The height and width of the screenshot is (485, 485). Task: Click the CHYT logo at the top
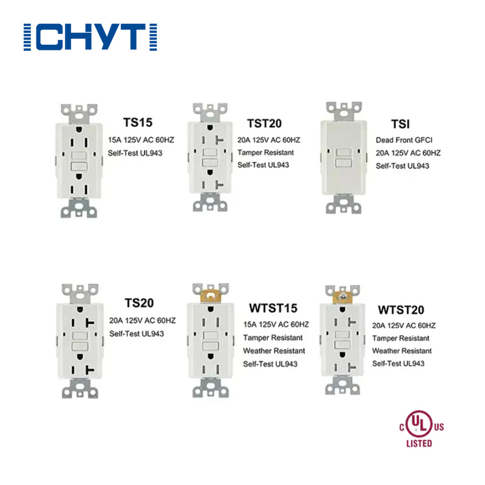[90, 37]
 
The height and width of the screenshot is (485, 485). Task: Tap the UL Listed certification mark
[421, 429]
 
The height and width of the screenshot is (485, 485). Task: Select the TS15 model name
[138, 122]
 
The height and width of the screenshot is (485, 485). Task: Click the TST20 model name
[264, 124]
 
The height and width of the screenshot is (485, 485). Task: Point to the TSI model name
[401, 124]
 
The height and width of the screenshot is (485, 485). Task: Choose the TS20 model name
[139, 303]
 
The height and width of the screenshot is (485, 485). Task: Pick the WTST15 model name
[273, 308]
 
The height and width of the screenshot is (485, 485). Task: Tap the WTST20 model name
[401, 310]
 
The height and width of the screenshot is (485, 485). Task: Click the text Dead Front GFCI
[404, 140]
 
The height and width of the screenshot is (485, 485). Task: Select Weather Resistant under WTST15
[274, 351]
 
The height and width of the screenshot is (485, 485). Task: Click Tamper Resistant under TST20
[266, 153]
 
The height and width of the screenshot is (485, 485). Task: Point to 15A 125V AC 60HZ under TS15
[141, 140]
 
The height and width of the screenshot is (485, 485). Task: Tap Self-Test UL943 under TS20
[136, 334]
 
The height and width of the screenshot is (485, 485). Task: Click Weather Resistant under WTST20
[402, 351]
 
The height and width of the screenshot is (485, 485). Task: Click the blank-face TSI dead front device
[344, 158]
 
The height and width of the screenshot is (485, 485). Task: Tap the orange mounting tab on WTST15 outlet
[211, 295]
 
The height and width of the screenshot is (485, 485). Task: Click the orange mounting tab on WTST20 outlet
[343, 296]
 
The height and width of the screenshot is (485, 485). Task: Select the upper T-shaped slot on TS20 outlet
[90, 323]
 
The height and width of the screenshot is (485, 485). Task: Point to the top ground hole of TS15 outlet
[79, 130]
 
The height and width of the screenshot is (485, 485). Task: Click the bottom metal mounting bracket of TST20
[210, 202]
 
